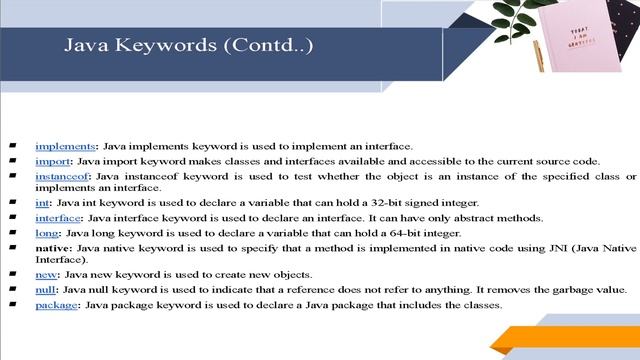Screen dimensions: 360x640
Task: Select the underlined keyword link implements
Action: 63,147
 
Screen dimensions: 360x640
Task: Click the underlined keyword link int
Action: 41,203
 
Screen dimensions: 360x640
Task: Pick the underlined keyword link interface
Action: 57,218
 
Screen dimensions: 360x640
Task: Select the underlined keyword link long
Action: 46,232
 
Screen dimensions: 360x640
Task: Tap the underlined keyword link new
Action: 45,275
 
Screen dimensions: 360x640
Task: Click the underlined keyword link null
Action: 45,290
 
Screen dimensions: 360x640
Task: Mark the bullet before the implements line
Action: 12,147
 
